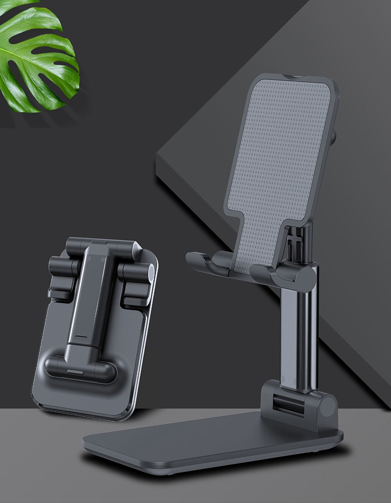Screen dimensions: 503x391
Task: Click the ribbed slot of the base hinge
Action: pyautogui.click(x=288, y=403)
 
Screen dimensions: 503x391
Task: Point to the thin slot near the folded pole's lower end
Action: pyautogui.click(x=81, y=338)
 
